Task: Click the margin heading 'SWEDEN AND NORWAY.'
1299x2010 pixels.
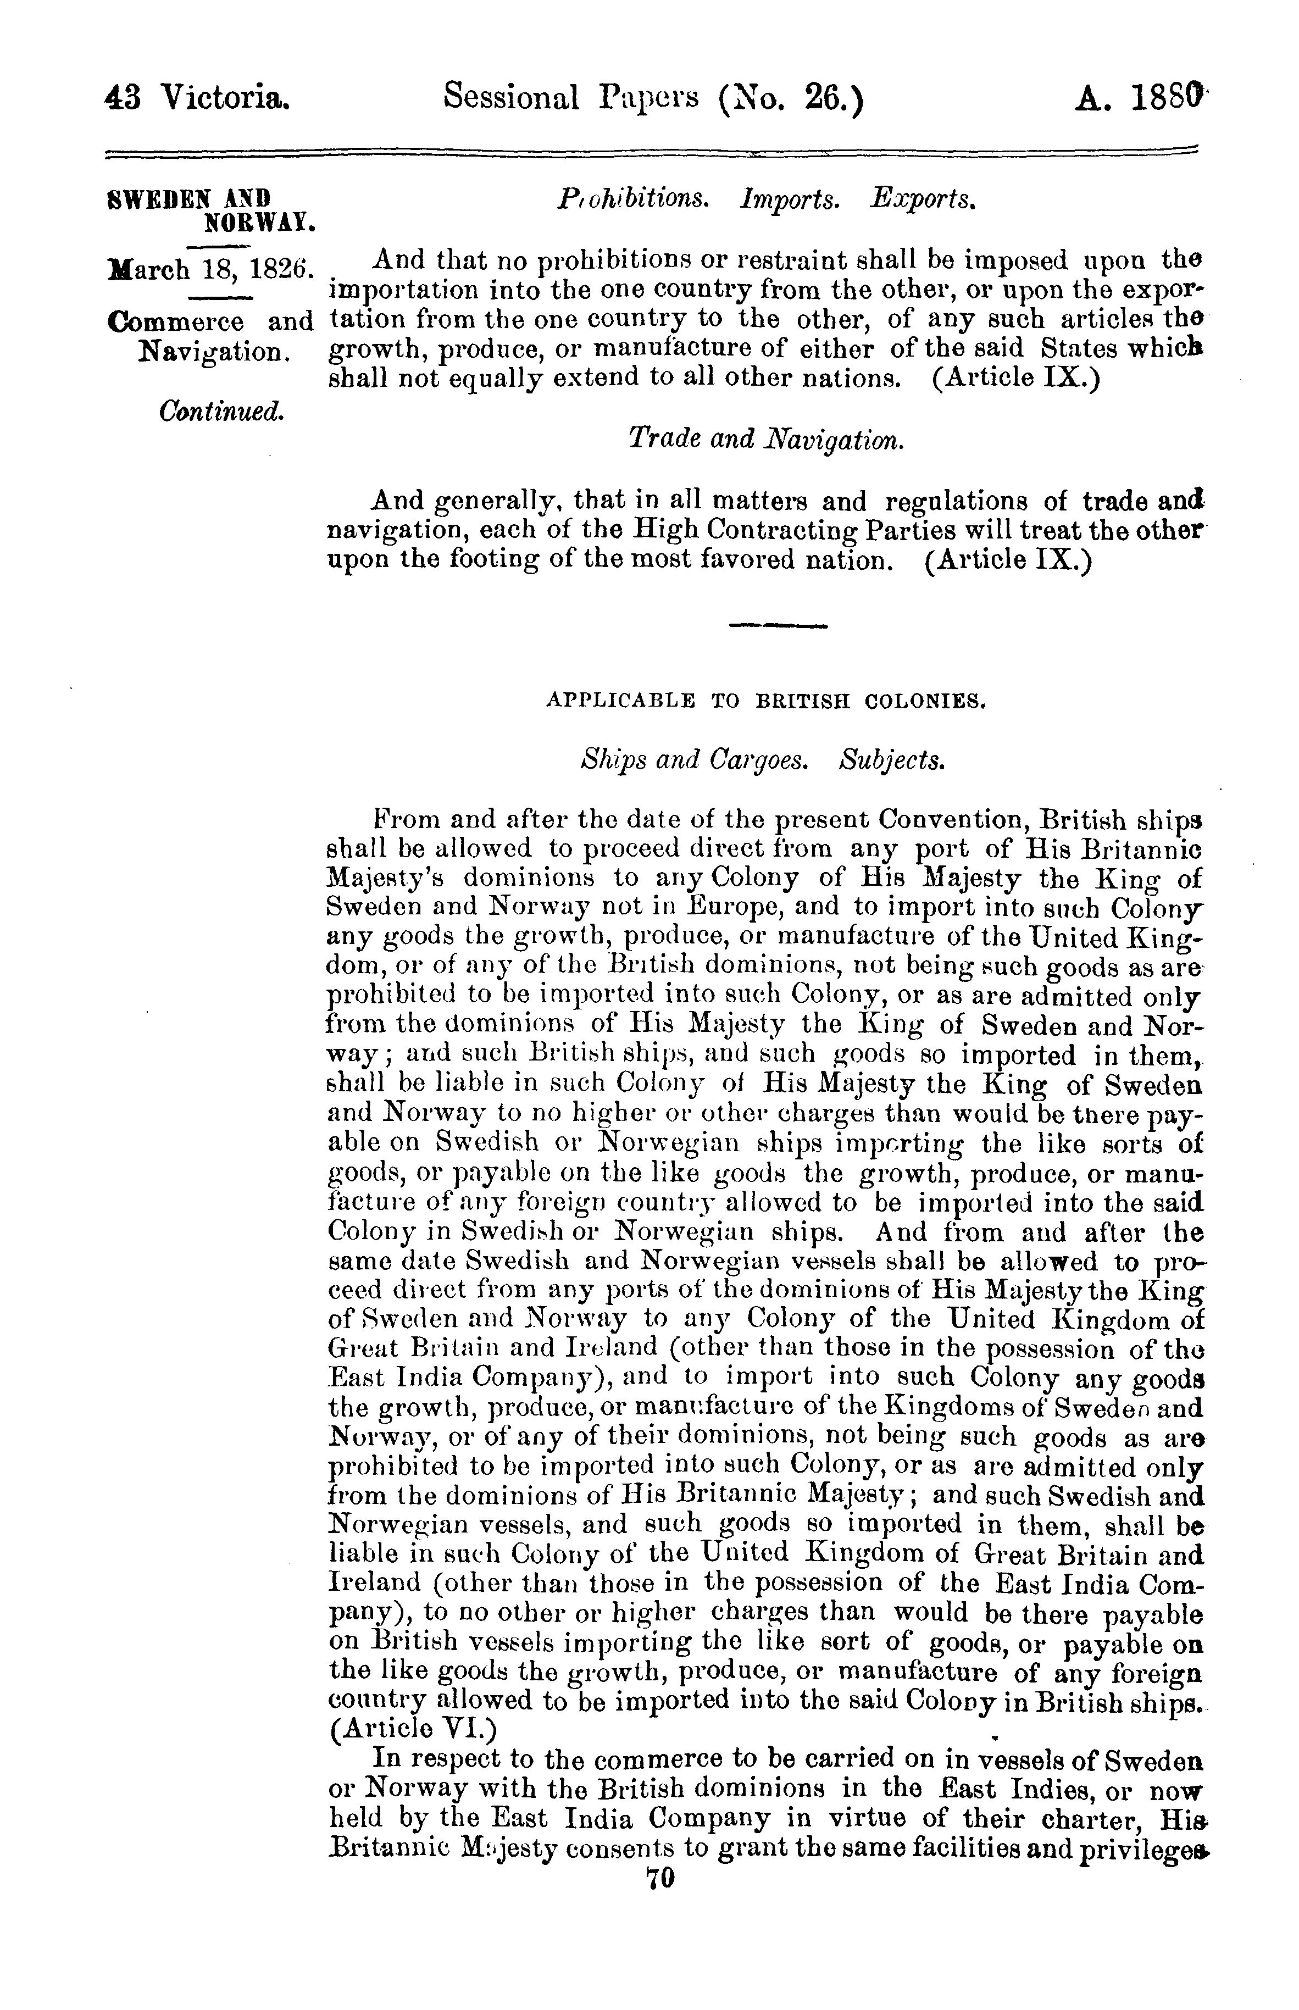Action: click(x=211, y=211)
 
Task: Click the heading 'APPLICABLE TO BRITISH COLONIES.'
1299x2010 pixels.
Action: click(x=766, y=700)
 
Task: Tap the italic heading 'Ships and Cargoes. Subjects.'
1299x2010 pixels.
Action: click(x=763, y=760)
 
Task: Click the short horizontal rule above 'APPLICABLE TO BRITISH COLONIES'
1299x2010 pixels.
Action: click(x=778, y=626)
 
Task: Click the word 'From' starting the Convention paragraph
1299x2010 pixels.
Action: click(x=402, y=820)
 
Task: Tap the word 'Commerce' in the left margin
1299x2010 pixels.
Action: click(x=177, y=321)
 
